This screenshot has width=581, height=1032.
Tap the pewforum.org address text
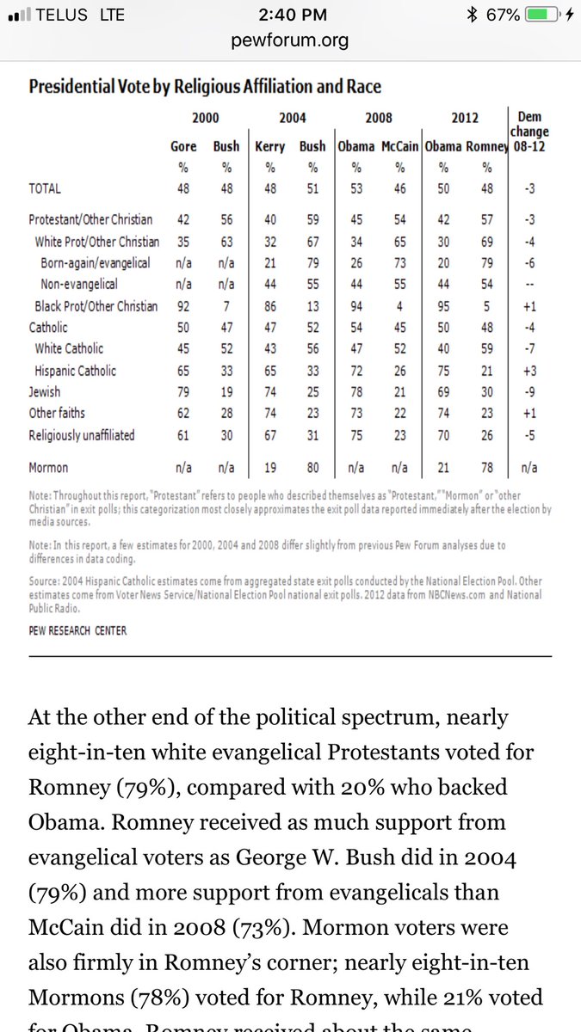coord(290,40)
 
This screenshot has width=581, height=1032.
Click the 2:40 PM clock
coord(290,15)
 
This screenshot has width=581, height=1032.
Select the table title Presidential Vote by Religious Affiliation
coord(205,87)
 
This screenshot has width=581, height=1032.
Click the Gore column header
coord(183,147)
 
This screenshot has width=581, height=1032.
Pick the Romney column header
coord(487,147)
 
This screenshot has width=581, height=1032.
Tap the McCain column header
coord(400,147)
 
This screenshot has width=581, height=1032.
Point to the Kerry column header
coord(270,147)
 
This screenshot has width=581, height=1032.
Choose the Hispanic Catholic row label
coord(76,371)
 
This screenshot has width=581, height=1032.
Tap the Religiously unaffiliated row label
coord(82,435)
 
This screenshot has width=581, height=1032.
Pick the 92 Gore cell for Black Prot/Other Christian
coord(183,306)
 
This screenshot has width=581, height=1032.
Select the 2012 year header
coord(465,118)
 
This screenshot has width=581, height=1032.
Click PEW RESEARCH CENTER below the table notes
coord(77,630)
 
